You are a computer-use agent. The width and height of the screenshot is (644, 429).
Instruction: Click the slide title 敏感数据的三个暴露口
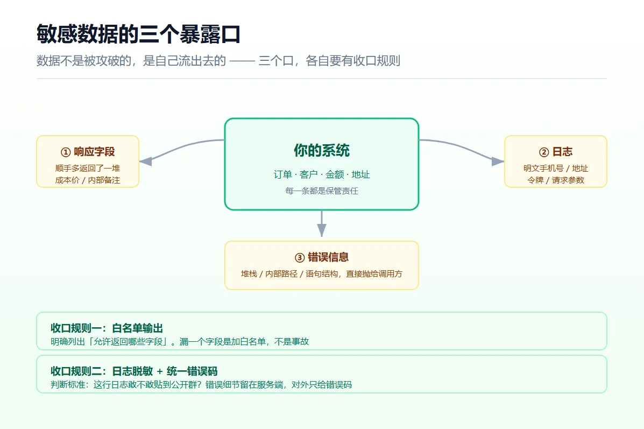[x=138, y=34]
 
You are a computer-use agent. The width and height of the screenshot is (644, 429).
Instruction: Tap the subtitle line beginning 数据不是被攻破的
[x=218, y=61]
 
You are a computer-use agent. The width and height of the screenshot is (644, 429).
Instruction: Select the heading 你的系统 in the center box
[x=322, y=150]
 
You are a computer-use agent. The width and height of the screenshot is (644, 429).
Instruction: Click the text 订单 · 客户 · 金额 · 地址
[x=322, y=174]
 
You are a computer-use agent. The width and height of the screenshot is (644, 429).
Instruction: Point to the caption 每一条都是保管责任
[x=322, y=191]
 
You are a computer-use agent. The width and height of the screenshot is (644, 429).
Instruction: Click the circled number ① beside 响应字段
[x=66, y=152]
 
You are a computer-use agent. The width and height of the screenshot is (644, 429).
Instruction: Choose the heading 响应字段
[x=94, y=152]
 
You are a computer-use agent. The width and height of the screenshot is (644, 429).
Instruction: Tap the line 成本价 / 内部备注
[x=88, y=180]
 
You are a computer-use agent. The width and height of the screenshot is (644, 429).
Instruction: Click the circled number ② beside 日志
[x=544, y=152]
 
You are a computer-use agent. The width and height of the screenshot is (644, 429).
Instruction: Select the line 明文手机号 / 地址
[x=556, y=168]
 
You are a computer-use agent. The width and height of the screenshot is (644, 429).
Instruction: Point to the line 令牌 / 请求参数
[x=556, y=180]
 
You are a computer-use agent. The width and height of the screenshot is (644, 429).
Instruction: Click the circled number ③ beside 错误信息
[x=300, y=258]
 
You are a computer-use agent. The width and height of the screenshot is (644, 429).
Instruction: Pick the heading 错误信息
[x=328, y=257]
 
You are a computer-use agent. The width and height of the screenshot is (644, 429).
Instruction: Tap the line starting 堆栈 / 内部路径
[x=322, y=273]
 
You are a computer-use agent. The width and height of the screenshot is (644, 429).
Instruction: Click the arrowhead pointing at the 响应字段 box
[x=146, y=161]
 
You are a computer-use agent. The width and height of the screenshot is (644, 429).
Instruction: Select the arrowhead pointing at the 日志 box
[x=498, y=161]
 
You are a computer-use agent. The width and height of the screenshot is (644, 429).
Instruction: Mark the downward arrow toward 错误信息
[x=322, y=223]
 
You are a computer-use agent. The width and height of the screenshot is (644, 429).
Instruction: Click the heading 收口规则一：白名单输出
[x=107, y=328]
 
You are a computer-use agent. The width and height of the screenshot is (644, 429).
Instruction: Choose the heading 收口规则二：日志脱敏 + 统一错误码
[x=134, y=371]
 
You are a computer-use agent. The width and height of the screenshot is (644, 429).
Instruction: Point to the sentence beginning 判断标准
[x=201, y=385]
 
